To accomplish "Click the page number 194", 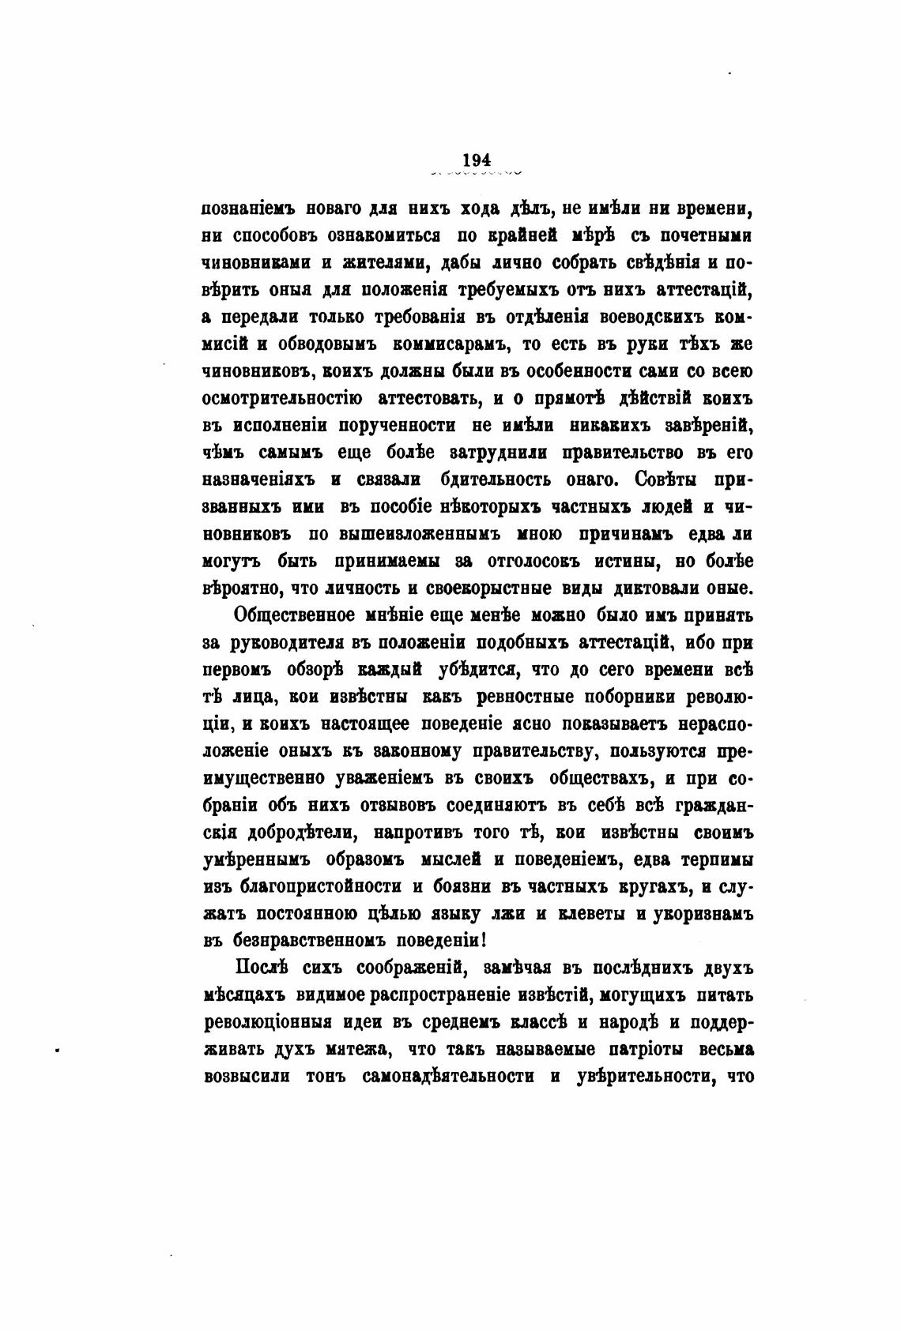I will (477, 160).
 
